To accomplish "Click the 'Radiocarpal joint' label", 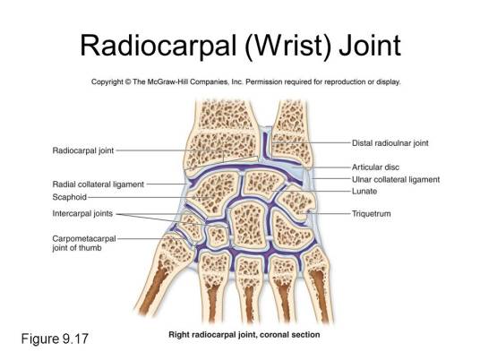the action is point(83,150).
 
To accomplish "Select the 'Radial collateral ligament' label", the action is point(98,184).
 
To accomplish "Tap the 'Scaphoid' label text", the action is point(70,197).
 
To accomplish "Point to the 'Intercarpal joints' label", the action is point(82,213).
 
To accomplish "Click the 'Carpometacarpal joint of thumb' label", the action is point(84,243).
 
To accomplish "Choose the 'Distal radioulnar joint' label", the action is point(390,143).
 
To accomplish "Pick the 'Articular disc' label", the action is point(375,167).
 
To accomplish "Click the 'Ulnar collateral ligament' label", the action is point(396,179).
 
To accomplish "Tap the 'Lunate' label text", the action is point(364,192).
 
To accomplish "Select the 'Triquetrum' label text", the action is point(372,214).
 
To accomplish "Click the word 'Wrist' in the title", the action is point(287,46).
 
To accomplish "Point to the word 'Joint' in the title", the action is point(370,46).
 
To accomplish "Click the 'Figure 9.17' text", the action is point(55,339).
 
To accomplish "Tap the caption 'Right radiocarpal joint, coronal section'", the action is point(244,335).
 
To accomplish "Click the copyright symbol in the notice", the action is point(128,82).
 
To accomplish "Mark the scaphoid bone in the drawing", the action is point(213,193).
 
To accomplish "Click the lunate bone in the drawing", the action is point(263,184).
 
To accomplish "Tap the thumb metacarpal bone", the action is point(162,272).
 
